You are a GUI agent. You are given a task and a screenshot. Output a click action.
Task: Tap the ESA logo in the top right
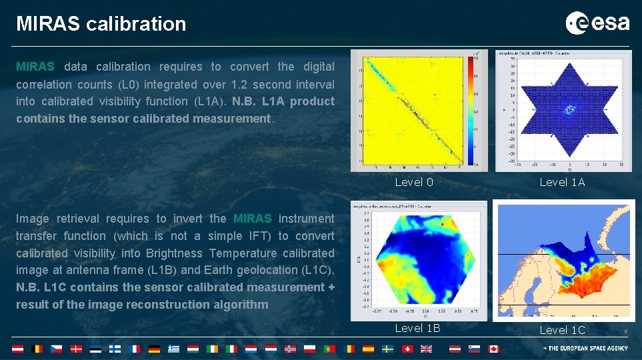(x=597, y=23)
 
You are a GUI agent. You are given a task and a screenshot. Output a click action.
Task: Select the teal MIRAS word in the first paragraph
(x=35, y=67)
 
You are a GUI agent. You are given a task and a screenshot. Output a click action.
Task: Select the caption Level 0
(x=414, y=182)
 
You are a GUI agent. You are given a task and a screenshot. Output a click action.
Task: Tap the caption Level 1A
(x=562, y=182)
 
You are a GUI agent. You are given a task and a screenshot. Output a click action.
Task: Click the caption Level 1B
(x=417, y=328)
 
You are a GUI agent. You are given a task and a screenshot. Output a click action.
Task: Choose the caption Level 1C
(x=562, y=330)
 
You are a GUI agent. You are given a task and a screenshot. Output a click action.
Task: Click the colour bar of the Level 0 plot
(x=474, y=110)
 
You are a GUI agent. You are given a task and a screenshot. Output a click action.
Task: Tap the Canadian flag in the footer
(x=493, y=349)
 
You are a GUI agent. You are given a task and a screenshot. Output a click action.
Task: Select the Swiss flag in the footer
(x=408, y=349)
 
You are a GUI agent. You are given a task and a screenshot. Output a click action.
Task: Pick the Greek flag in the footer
(x=173, y=349)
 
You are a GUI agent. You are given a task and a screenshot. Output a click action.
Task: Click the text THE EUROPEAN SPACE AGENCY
(x=589, y=349)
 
